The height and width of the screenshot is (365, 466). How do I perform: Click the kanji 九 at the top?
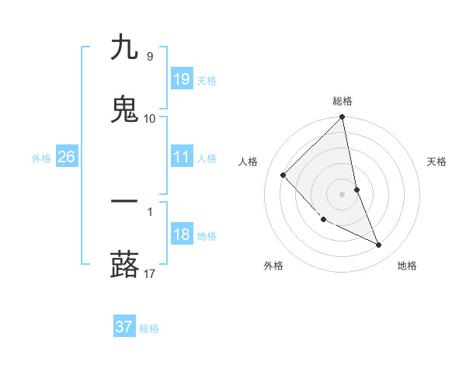(124, 48)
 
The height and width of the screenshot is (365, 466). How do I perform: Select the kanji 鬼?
(124, 109)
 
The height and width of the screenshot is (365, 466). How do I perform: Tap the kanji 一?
(124, 202)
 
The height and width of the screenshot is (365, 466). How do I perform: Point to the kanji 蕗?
(124, 264)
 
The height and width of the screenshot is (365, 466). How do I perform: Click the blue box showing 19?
(181, 79)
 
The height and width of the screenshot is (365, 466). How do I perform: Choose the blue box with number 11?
(181, 157)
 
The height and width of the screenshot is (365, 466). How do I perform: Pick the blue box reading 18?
(181, 235)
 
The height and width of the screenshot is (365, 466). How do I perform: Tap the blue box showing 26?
(66, 157)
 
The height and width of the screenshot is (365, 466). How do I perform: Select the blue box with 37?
(124, 327)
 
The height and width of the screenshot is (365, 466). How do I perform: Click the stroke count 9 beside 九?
(149, 57)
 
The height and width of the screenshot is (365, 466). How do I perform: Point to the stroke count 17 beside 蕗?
(150, 273)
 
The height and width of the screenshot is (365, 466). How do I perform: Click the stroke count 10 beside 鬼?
(150, 118)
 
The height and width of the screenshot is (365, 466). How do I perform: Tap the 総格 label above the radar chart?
(343, 101)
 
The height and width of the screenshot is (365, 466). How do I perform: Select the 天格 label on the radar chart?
(436, 162)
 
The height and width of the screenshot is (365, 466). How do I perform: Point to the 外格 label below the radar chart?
(273, 266)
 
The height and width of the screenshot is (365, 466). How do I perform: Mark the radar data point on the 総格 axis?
(343, 118)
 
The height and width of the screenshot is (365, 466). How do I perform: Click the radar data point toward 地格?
(379, 245)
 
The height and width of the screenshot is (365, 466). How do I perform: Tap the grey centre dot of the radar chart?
(343, 194)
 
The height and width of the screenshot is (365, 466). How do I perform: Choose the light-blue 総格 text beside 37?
(149, 328)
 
